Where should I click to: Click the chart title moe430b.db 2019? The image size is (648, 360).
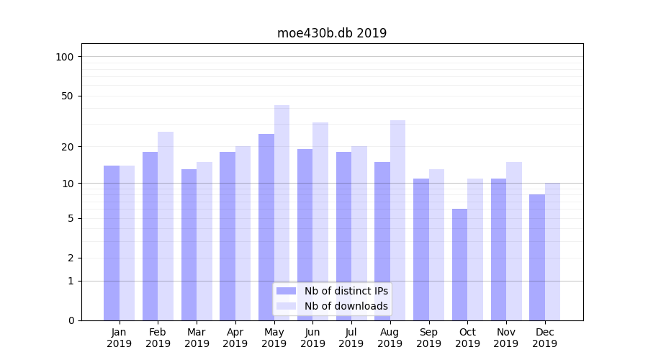[332, 33]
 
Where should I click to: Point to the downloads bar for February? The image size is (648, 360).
[166, 226]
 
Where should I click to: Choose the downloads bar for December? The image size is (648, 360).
[552, 251]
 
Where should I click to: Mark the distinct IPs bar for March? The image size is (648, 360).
[189, 245]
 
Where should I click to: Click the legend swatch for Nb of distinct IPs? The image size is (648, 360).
[287, 291]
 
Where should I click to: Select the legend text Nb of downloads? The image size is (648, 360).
[346, 306]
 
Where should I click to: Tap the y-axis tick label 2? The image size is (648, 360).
[71, 258]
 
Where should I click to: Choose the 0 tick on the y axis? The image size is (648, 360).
[71, 320]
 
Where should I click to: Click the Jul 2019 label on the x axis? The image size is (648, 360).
[351, 338]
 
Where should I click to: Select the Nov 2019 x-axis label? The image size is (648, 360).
[506, 338]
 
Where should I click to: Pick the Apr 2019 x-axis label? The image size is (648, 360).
[235, 338]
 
